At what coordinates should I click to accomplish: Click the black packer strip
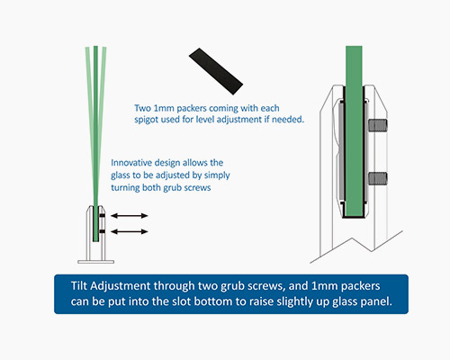pyautogui.click(x=216, y=71)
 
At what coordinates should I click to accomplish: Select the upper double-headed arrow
pyautogui.click(x=130, y=215)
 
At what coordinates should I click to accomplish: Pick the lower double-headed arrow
pyautogui.click(x=130, y=231)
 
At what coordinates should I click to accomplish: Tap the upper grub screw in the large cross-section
pyautogui.click(x=378, y=125)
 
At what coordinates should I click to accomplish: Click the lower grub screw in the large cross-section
pyautogui.click(x=378, y=178)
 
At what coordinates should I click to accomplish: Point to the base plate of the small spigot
pyautogui.click(x=95, y=262)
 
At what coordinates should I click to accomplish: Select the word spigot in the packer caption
pyautogui.click(x=146, y=120)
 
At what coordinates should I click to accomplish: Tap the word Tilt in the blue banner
pyautogui.click(x=79, y=285)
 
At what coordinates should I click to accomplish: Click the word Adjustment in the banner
pyautogui.click(x=120, y=286)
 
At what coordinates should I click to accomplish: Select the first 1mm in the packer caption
pyautogui.click(x=164, y=108)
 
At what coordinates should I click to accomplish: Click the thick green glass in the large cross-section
pyautogui.click(x=354, y=130)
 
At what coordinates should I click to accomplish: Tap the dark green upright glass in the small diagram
pyautogui.click(x=95, y=143)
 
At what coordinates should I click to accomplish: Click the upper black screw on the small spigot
pyautogui.click(x=102, y=215)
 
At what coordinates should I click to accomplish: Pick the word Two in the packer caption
pyautogui.click(x=142, y=108)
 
